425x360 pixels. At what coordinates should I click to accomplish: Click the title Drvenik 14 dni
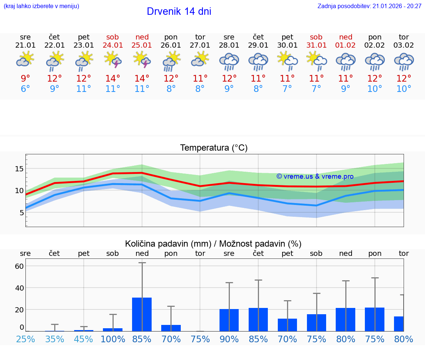(x=179, y=11)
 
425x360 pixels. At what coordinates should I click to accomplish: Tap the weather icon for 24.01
(x=113, y=60)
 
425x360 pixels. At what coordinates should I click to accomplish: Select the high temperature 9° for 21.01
(x=25, y=78)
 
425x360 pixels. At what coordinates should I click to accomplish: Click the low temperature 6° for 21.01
(x=25, y=89)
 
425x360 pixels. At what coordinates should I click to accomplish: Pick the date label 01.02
(x=346, y=45)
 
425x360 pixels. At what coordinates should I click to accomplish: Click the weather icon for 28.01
(x=229, y=62)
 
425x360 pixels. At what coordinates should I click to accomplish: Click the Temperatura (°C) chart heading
(x=214, y=148)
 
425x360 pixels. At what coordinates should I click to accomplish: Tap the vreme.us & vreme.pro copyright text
(x=315, y=176)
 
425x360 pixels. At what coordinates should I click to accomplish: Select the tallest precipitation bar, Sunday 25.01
(x=142, y=314)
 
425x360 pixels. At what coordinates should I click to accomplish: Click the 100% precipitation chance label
(x=113, y=339)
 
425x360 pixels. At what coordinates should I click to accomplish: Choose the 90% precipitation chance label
(x=229, y=339)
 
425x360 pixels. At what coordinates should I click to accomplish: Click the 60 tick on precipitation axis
(x=19, y=266)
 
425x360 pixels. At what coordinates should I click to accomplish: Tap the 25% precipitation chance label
(x=25, y=339)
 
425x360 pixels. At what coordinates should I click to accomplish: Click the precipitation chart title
(x=213, y=244)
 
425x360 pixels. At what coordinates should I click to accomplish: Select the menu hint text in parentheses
(x=41, y=6)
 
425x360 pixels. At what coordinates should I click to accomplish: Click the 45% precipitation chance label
(x=84, y=339)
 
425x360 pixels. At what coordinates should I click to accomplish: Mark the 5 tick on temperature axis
(x=21, y=213)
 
